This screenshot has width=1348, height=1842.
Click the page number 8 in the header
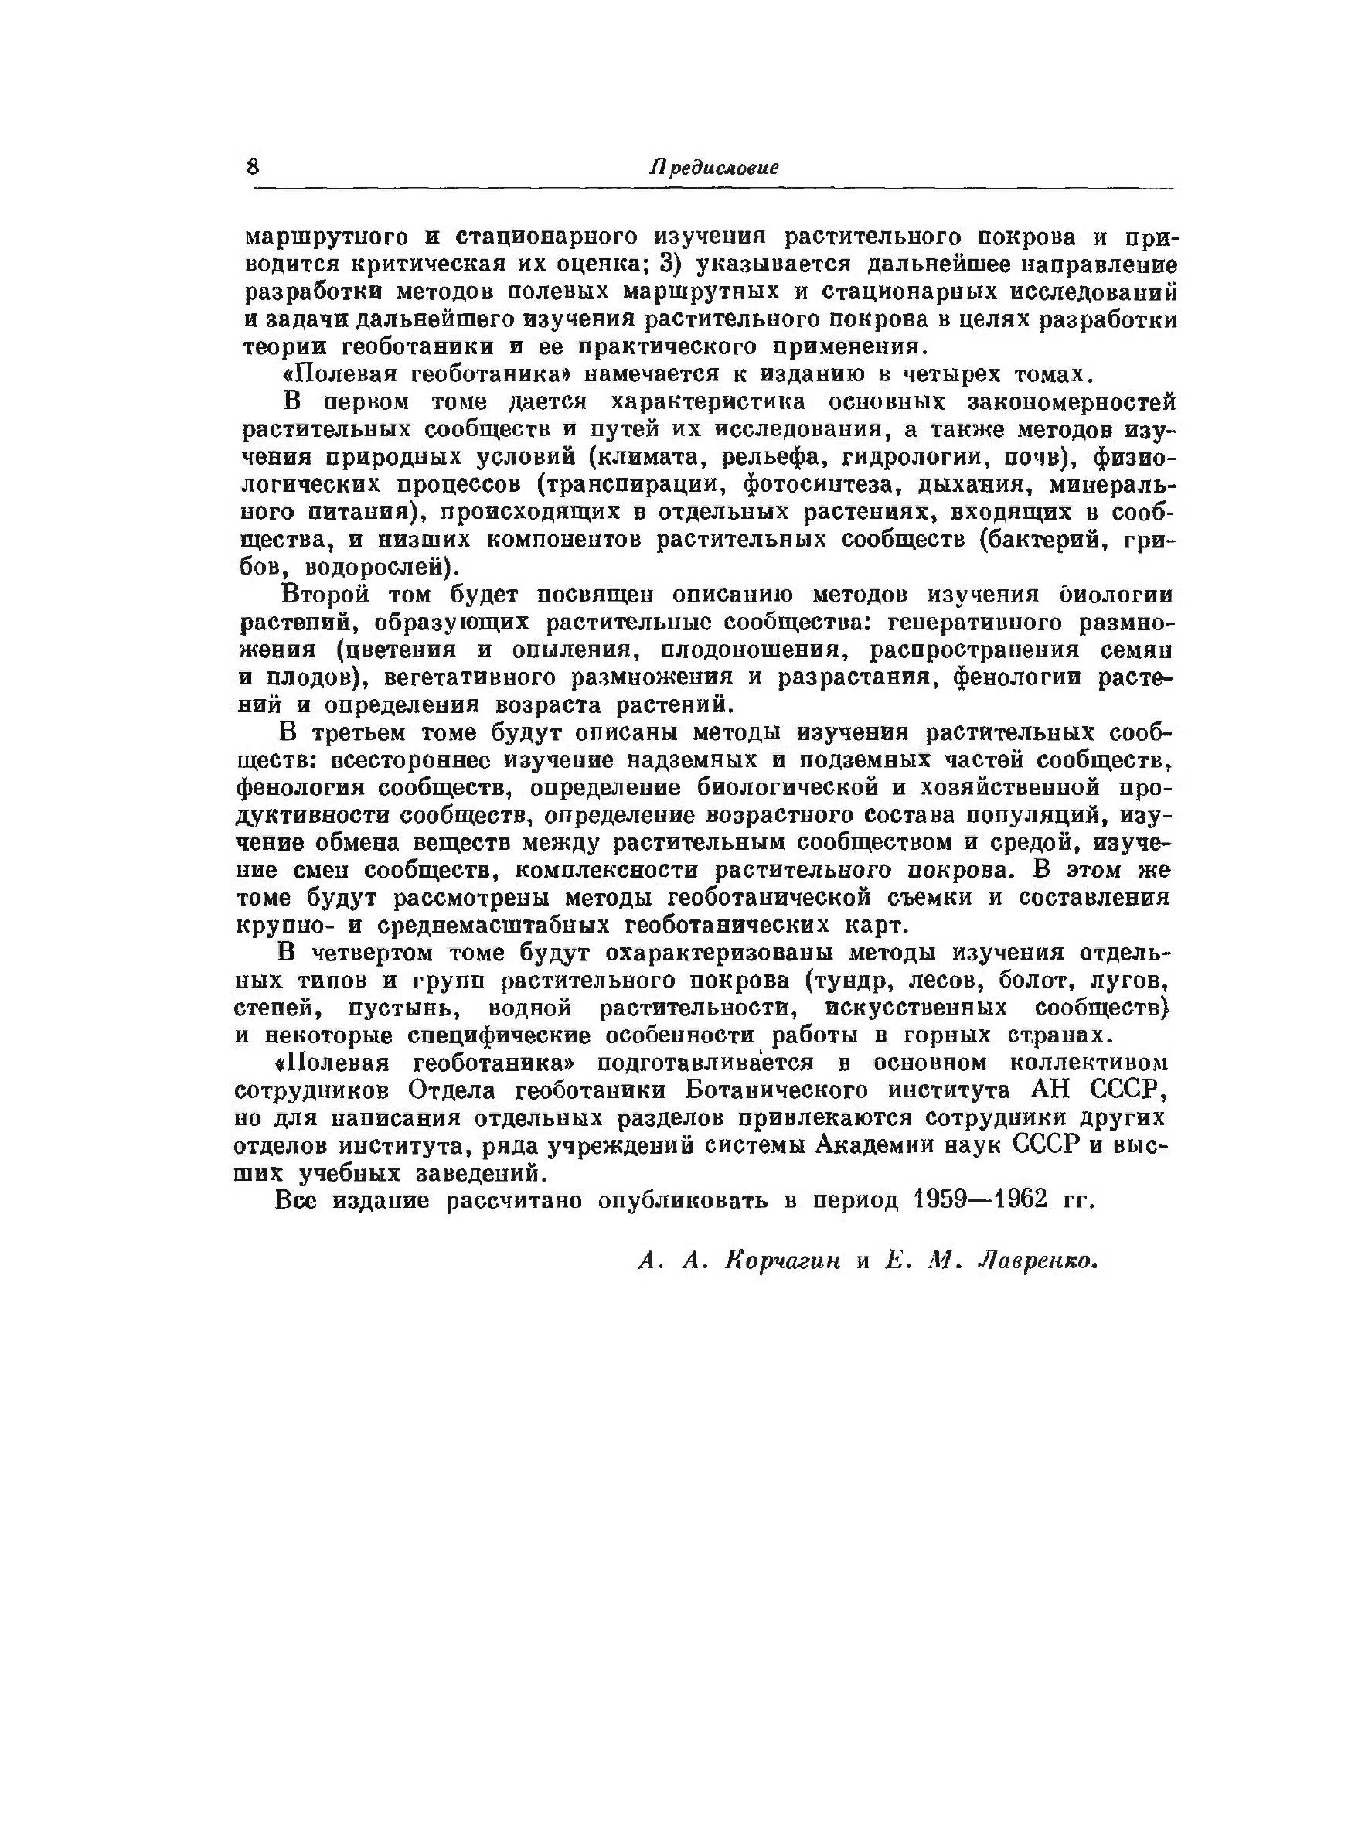tap(252, 167)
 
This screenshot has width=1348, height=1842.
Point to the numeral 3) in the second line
tap(670, 264)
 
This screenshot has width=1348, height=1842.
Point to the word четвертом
tap(367, 953)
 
